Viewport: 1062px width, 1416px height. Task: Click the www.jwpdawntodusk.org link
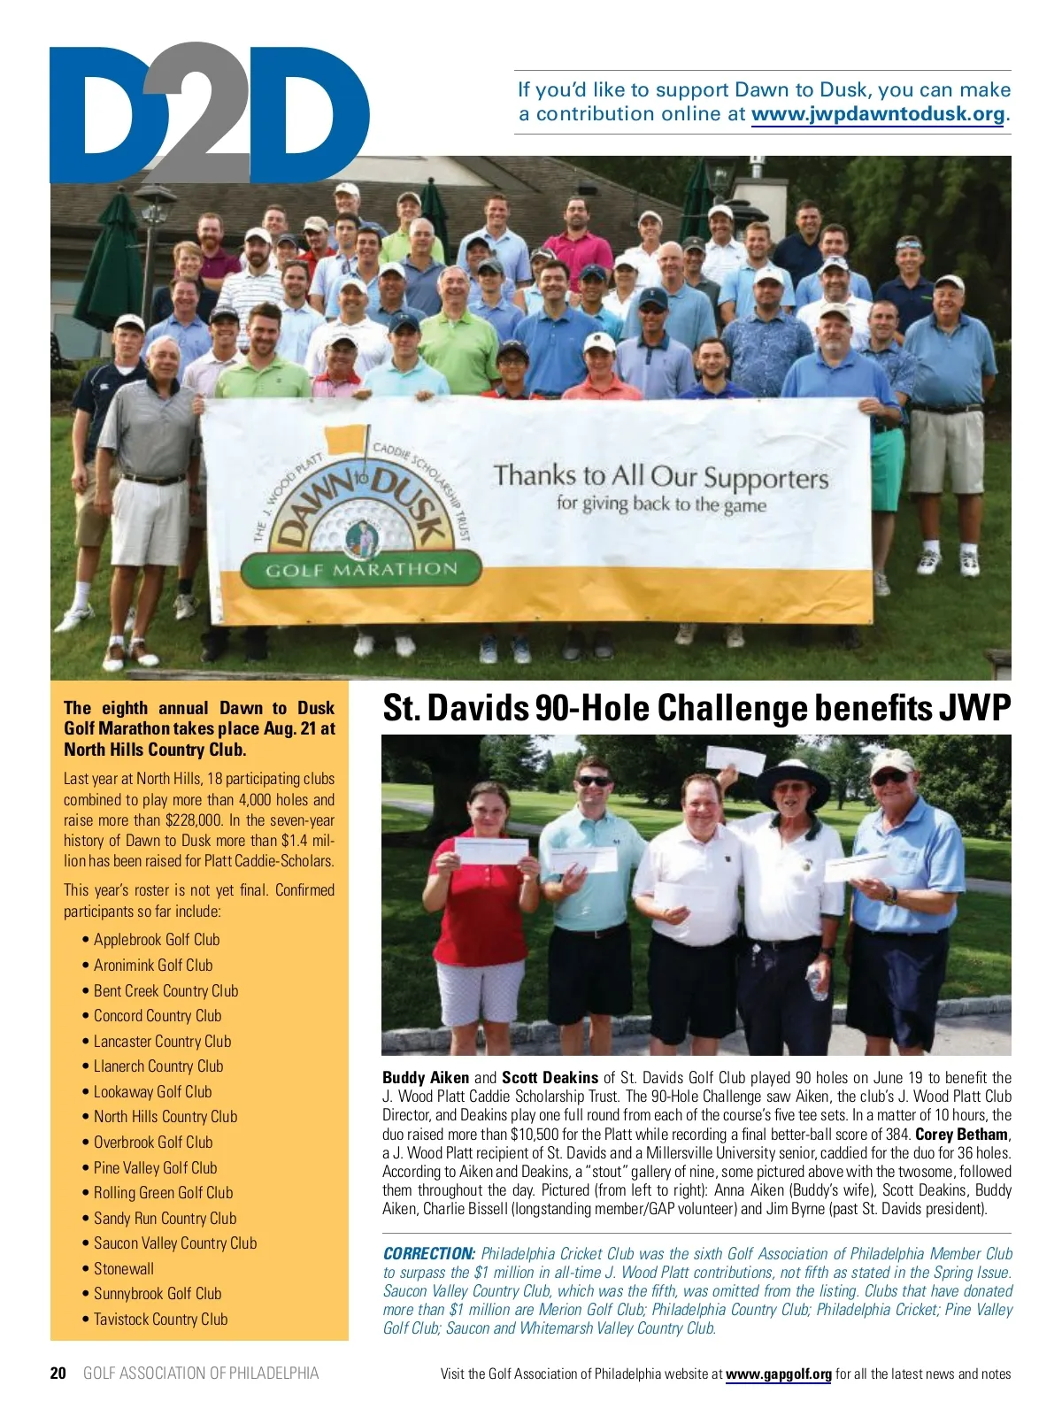(x=878, y=114)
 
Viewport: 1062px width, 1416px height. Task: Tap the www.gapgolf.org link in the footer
(x=778, y=1374)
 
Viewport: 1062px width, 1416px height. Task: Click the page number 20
(x=58, y=1374)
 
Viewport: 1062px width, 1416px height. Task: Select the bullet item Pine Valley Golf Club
(x=155, y=1167)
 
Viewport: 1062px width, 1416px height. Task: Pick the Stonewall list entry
(x=124, y=1268)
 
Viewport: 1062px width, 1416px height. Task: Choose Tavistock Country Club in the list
(x=160, y=1319)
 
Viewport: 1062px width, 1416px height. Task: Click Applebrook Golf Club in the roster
(x=157, y=939)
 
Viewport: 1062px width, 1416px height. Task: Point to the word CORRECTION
(x=429, y=1253)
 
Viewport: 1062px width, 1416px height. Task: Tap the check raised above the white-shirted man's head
(x=735, y=759)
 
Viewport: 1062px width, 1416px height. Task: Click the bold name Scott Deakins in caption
(x=550, y=1078)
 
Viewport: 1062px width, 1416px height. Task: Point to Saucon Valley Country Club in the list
(x=175, y=1243)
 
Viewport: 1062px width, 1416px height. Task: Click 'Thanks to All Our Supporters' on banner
(x=660, y=477)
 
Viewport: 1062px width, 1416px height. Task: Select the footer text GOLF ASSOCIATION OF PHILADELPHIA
(x=201, y=1374)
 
